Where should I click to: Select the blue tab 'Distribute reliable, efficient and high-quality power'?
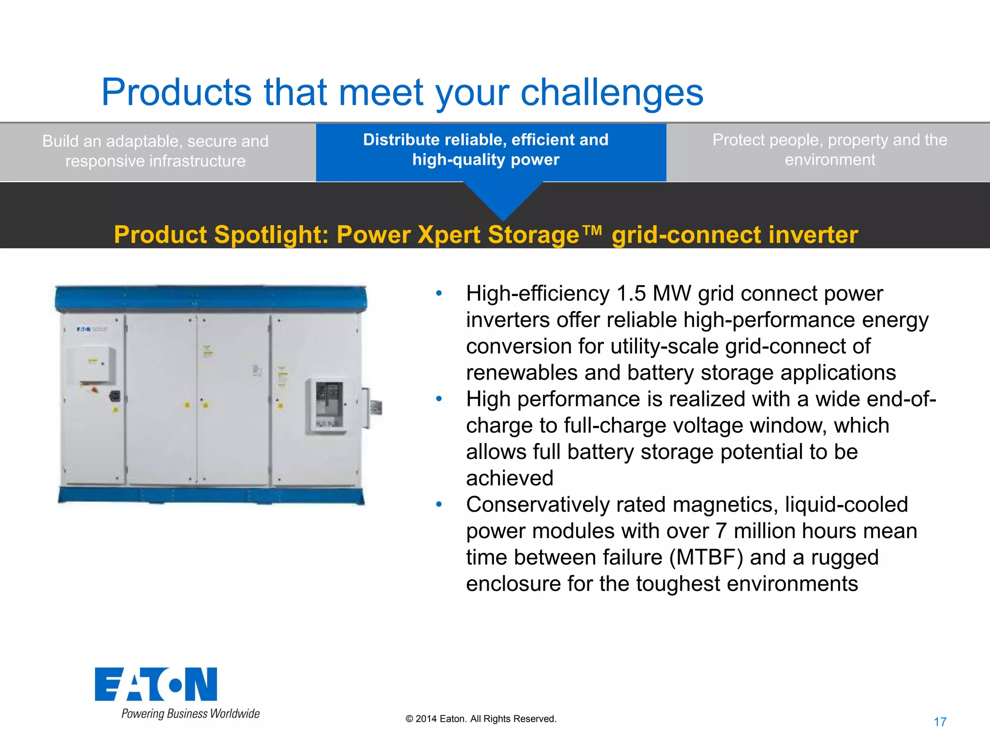pos(486,150)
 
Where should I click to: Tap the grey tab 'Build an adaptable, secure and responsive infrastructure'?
pos(155,151)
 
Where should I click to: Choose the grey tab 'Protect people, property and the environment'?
pos(830,150)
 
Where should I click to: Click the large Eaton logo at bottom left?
pos(156,684)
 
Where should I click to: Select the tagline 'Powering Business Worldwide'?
pos(190,713)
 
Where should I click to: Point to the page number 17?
pos(940,722)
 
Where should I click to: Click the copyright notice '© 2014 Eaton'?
pos(481,719)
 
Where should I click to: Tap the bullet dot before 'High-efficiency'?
pos(439,293)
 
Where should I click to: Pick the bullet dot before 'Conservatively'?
pos(439,504)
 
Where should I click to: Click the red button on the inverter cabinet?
pos(95,389)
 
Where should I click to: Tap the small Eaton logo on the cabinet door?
pos(83,329)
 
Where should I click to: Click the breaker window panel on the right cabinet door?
pos(329,405)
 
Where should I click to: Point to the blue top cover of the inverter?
pos(211,297)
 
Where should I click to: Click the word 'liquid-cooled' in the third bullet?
pos(846,505)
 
